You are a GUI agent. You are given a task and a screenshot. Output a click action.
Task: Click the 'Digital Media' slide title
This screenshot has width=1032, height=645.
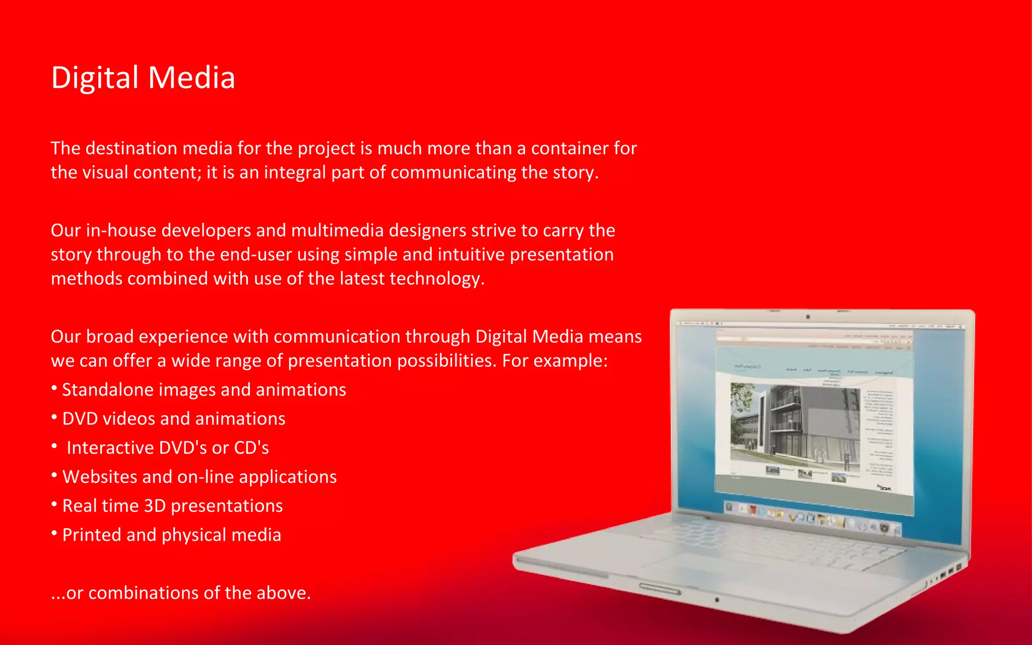pyautogui.click(x=143, y=78)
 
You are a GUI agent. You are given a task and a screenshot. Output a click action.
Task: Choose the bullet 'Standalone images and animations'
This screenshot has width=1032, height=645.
pyautogui.click(x=204, y=390)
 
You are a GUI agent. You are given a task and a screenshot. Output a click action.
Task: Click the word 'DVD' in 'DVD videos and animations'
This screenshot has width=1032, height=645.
pyautogui.click(x=80, y=419)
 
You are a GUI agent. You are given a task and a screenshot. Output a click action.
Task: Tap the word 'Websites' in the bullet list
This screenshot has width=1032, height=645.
pyautogui.click(x=99, y=477)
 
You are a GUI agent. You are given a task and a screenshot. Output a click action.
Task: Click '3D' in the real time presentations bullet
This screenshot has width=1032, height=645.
pyautogui.click(x=155, y=506)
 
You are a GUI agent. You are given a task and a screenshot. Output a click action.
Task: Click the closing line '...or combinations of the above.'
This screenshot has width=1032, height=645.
pyautogui.click(x=181, y=593)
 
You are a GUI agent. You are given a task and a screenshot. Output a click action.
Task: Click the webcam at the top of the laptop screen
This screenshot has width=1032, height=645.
pyautogui.click(x=808, y=317)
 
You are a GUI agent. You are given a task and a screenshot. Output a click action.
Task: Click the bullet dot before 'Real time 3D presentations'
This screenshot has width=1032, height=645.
pyautogui.click(x=54, y=504)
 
